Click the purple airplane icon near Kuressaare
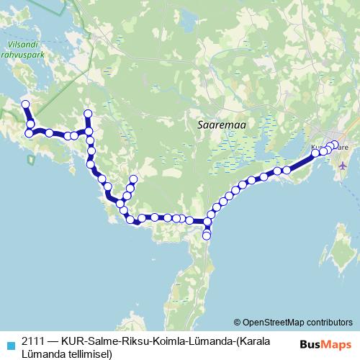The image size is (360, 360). pos(342,166)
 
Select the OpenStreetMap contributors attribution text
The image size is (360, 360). pos(297,322)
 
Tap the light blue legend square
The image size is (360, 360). pos(9,341)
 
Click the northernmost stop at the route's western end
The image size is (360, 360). pos(25,105)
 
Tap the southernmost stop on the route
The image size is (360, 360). pos(207,236)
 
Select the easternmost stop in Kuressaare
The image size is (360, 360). pos(335,145)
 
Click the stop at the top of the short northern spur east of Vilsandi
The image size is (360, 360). pos(89,113)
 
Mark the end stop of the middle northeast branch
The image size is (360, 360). pos(132,179)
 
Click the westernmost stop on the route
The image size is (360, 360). pos(25,105)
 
